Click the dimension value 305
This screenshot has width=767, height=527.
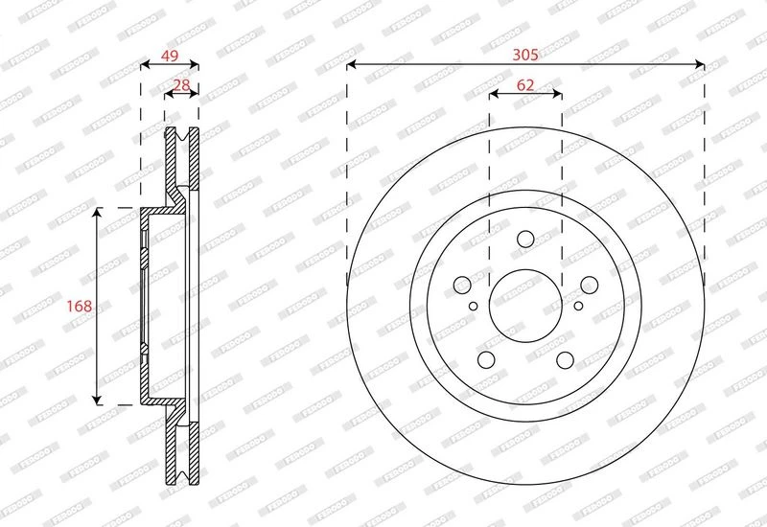(x=524, y=55)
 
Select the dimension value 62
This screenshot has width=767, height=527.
(x=525, y=85)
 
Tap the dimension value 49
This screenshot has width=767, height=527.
(x=170, y=56)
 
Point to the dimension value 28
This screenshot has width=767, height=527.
(x=181, y=85)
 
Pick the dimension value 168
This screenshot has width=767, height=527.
(x=80, y=306)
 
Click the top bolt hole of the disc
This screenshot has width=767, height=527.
(x=525, y=239)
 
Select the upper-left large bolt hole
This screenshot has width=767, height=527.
(x=462, y=285)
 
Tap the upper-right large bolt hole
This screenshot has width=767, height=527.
(x=589, y=285)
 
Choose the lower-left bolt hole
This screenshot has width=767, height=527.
(x=486, y=360)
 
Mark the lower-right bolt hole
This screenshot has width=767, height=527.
(x=565, y=360)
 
